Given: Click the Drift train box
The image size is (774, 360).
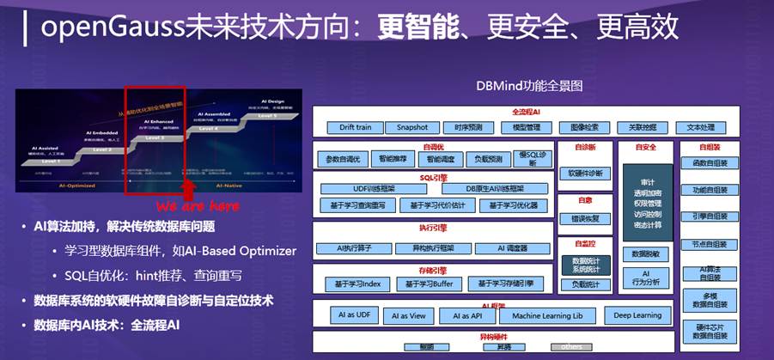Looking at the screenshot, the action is tap(356, 127).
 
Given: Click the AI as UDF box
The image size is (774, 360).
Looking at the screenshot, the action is tap(353, 316).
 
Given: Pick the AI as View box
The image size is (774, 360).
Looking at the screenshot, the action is tap(408, 316).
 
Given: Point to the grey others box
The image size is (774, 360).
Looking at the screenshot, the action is tap(571, 347).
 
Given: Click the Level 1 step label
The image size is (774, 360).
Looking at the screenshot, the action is tap(50, 161).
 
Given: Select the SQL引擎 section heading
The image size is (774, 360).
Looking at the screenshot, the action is tap(433, 177).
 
